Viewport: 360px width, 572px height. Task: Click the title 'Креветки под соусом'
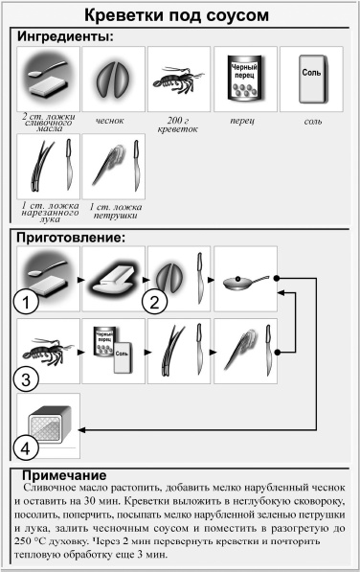point(179,16)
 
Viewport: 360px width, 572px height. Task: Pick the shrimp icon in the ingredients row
point(179,77)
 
